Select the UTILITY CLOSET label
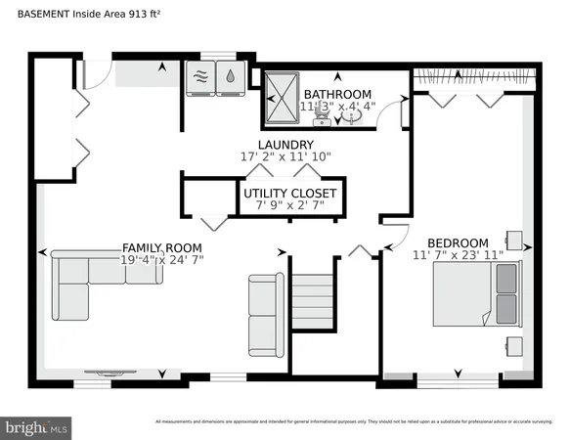coord(290,194)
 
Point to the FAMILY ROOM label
coord(162,247)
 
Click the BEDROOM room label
coord(457,242)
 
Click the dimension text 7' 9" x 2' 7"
coord(290,206)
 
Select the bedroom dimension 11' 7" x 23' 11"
coord(458,256)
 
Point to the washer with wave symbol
coord(201,79)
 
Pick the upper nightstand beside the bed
coord(514,241)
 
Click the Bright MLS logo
coord(36,426)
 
